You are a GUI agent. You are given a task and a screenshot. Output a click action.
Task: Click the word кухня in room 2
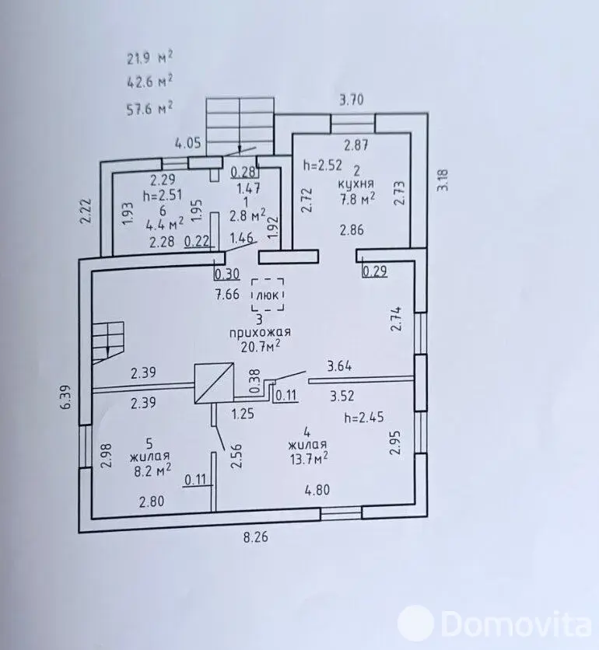tap(356, 183)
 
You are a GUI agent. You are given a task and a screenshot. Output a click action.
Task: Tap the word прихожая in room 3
tap(260, 333)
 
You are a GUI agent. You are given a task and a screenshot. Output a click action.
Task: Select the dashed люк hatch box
tap(268, 295)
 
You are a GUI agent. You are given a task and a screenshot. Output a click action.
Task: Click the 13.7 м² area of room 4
tap(309, 459)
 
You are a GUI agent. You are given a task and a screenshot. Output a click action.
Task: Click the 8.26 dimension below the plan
tap(255, 537)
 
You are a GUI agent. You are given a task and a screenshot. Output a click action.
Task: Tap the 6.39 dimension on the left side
tap(65, 397)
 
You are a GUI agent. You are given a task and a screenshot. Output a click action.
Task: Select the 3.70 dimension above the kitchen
tap(352, 100)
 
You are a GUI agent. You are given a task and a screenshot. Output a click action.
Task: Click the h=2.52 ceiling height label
tap(323, 165)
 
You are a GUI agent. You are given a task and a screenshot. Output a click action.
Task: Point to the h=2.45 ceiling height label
tap(364, 417)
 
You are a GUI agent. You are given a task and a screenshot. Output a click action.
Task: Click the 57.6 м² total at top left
tap(149, 108)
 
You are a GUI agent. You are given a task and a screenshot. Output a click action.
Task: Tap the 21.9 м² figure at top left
tap(149, 58)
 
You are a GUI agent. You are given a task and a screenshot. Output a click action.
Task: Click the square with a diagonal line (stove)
tap(214, 383)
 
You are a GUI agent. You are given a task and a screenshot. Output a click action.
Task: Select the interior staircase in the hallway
tap(108, 342)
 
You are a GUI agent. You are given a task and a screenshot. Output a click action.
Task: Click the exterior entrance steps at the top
tap(240, 127)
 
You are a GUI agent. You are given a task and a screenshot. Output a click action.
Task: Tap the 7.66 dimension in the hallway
tap(227, 295)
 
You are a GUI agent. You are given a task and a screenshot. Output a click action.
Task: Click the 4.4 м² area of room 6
tap(165, 224)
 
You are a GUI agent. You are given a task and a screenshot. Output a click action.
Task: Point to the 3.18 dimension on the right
tap(443, 180)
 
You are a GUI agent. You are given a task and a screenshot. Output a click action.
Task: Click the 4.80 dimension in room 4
tap(317, 490)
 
